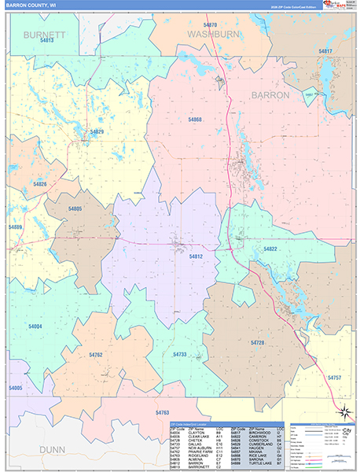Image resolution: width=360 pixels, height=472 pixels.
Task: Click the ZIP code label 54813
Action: click(x=46, y=50)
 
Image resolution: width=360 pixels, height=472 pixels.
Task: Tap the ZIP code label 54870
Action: click(x=209, y=26)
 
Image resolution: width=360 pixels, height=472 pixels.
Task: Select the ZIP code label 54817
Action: click(x=325, y=51)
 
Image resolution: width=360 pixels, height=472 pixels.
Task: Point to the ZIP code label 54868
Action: click(x=193, y=120)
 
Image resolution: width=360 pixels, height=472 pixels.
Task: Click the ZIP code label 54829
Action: click(x=97, y=131)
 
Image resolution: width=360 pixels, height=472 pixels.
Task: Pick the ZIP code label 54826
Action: click(x=41, y=183)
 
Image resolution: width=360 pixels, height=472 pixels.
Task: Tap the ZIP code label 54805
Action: click(x=75, y=208)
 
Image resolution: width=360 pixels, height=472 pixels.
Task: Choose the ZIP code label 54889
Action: click(x=16, y=227)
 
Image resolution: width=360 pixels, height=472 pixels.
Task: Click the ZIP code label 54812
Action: click(x=197, y=256)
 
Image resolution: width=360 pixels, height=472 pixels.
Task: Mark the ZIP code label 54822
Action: click(x=270, y=249)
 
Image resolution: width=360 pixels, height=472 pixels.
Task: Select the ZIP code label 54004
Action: click(x=35, y=325)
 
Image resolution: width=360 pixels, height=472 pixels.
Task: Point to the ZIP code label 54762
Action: click(x=96, y=355)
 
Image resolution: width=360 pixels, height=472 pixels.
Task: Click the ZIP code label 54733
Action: click(x=179, y=355)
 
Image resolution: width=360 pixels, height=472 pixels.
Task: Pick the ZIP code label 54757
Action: click(x=335, y=378)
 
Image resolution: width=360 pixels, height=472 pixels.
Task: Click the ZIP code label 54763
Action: click(x=163, y=412)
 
